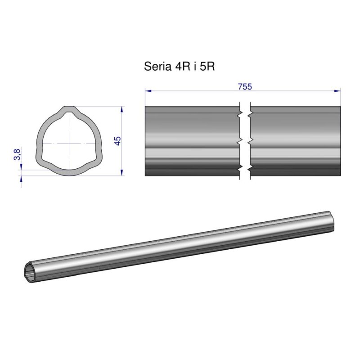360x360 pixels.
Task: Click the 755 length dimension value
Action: click(245, 87)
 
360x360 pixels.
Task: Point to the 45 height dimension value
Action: click(118, 141)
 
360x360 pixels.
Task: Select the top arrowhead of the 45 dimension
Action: click(122, 109)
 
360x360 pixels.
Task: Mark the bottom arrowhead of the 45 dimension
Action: click(122, 173)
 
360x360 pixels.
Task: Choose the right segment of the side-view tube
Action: click(295, 141)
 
